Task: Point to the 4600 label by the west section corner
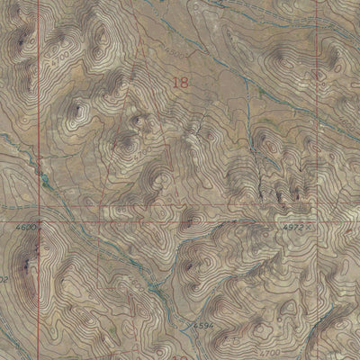coord(26,229)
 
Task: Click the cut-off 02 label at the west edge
coord(4,280)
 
